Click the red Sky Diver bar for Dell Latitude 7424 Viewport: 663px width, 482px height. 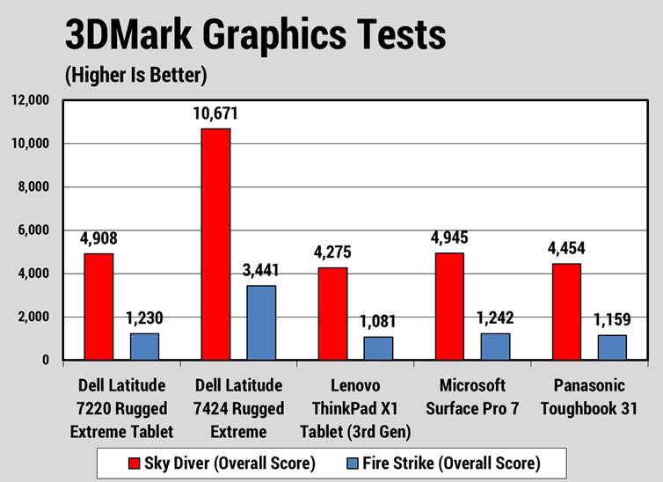pos(215,245)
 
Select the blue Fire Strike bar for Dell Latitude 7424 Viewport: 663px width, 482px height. pos(261,323)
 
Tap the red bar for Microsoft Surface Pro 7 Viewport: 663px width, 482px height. pos(448,306)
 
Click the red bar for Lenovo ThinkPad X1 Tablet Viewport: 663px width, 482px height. pos(332,313)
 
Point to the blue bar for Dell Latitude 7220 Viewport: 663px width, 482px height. pos(145,347)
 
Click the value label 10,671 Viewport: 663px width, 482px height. pos(215,114)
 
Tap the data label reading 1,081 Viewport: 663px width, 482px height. pos(378,322)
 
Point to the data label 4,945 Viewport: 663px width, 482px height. pos(448,238)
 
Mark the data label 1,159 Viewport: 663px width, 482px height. pos(612,320)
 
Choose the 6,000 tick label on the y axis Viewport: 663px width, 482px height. pos(33,230)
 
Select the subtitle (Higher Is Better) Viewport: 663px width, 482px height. pos(135,76)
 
